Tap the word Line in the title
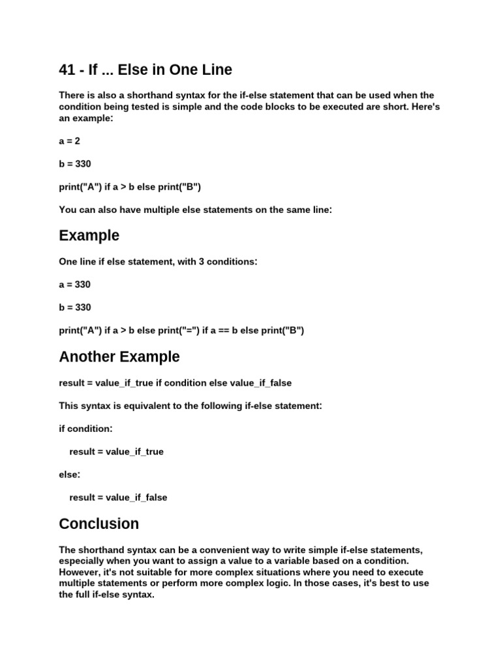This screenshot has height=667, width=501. click(x=216, y=69)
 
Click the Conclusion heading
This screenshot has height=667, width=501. click(x=99, y=524)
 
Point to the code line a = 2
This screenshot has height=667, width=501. click(x=69, y=141)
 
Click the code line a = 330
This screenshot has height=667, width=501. click(x=74, y=285)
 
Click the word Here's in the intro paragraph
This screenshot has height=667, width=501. click(x=425, y=107)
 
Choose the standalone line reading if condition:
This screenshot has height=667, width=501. click(x=85, y=429)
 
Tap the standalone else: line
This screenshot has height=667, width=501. click(x=69, y=475)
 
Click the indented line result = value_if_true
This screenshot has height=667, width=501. click(x=116, y=451)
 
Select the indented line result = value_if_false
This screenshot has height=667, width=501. click(x=118, y=498)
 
